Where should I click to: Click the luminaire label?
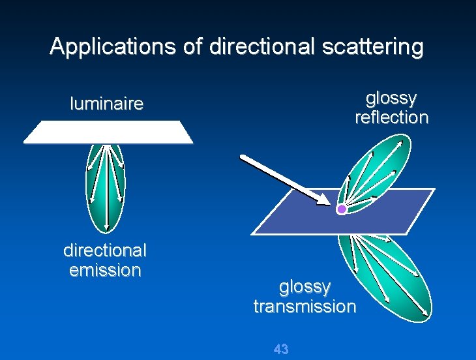click(106, 104)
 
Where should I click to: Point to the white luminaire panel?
click(108, 132)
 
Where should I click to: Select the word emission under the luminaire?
click(105, 270)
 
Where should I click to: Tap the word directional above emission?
click(105, 250)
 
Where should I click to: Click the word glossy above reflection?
click(391, 98)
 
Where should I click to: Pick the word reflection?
click(391, 117)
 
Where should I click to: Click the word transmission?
click(305, 306)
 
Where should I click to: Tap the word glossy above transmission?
click(305, 287)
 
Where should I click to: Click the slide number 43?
click(281, 349)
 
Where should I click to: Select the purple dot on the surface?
click(341, 209)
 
